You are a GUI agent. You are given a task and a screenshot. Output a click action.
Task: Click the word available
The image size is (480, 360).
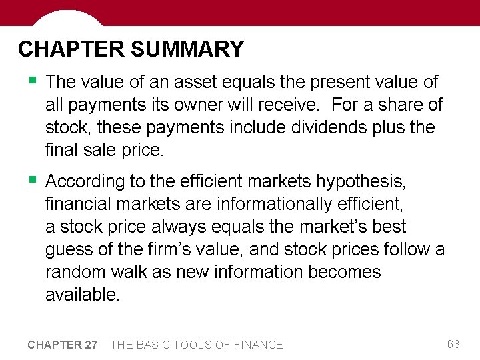click(x=82, y=295)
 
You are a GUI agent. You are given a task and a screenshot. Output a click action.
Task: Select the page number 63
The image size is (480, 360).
click(x=453, y=344)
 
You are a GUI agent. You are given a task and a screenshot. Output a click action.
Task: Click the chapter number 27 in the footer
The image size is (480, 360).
click(x=91, y=345)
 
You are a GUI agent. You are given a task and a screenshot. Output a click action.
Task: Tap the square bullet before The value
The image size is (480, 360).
click(x=32, y=81)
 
